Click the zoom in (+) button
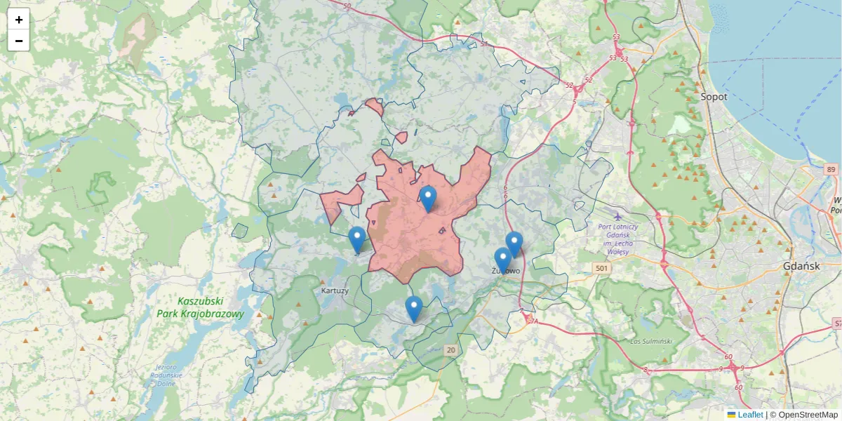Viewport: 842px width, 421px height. (19, 20)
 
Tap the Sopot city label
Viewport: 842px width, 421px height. (714, 96)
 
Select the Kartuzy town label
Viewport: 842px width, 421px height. (334, 290)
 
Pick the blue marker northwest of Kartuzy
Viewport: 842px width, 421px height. (357, 240)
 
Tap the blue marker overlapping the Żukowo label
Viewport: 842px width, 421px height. (502, 260)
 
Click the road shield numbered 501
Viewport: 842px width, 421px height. (601, 269)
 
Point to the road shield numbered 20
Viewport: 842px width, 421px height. (450, 349)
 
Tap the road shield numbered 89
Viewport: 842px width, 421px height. (831, 170)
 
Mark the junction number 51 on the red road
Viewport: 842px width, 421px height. (484, 44)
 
